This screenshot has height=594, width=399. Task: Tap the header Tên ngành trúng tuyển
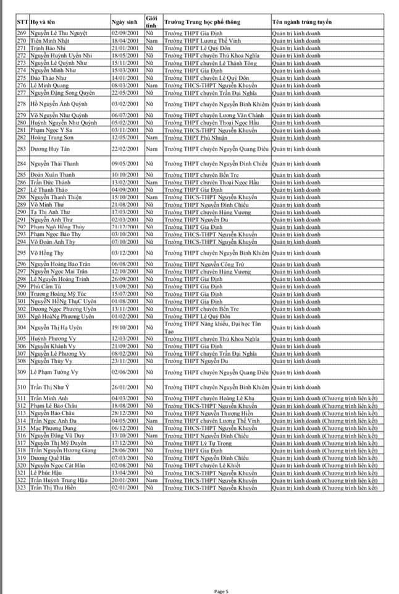click(301, 22)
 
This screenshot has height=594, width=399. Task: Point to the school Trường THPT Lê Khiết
click(196, 465)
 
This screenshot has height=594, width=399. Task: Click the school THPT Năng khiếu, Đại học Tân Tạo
click(212, 327)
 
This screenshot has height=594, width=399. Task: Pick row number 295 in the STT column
click(22, 252)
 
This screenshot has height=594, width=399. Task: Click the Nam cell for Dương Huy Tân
click(151, 149)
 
